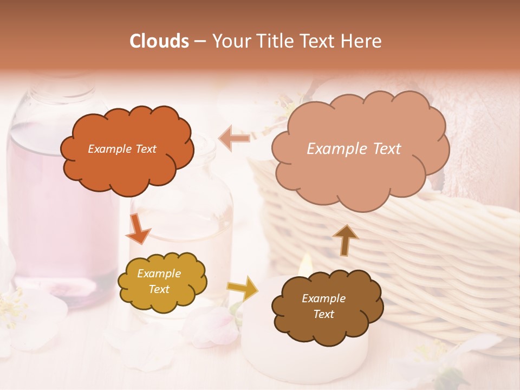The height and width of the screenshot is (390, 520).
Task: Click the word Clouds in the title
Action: [160, 41]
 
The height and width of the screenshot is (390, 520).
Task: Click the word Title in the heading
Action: [271, 41]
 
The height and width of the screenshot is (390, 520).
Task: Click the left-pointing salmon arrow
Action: [234, 139]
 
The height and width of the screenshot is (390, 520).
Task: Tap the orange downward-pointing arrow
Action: [138, 228]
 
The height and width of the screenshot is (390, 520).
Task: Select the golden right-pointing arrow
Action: [243, 288]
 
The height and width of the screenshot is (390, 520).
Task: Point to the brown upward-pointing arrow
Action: [346, 239]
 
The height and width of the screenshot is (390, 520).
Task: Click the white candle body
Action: [260, 347]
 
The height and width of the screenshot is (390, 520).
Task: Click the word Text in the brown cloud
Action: [323, 314]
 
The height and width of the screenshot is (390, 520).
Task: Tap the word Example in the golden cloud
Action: [159, 274]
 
